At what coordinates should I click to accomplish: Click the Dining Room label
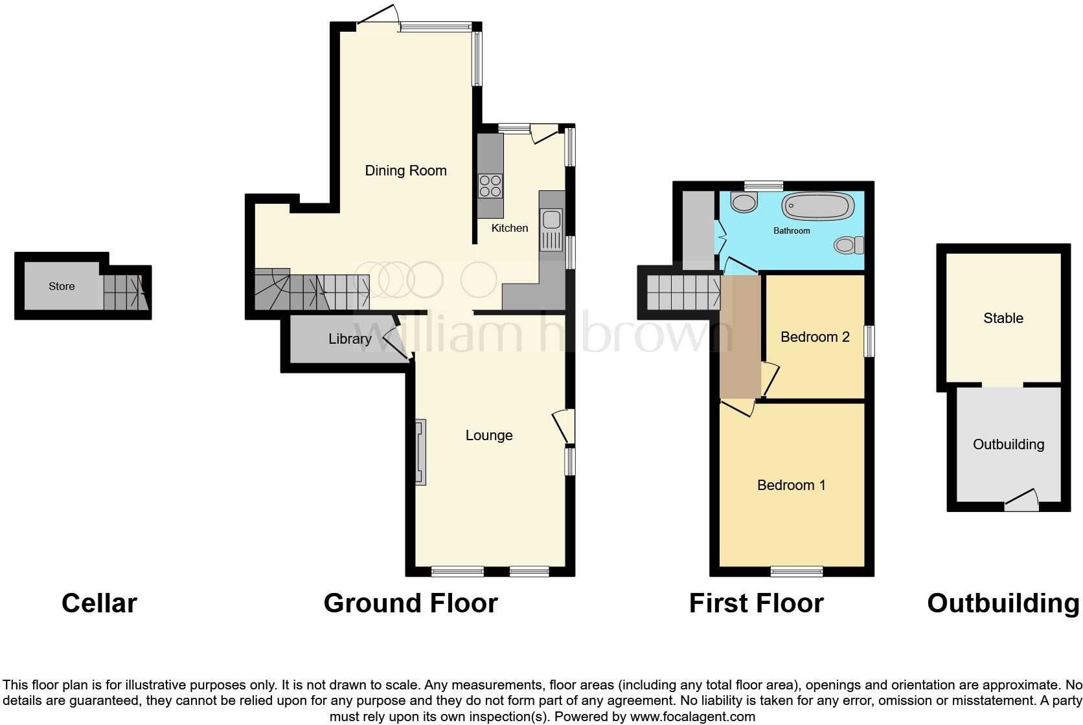405,171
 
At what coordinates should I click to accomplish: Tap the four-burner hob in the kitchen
490,186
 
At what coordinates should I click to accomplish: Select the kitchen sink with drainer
553,230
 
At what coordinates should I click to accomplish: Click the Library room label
350,339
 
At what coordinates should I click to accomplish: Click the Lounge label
489,436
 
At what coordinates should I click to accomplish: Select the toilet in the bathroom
849,245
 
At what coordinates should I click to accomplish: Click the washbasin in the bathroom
744,203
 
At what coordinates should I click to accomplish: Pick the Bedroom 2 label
815,337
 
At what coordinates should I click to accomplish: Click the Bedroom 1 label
792,485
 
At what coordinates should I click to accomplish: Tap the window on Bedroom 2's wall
871,340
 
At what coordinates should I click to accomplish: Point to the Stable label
1003,318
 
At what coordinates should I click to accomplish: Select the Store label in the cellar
62,286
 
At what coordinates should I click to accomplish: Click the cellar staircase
124,292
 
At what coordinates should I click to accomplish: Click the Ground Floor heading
410,603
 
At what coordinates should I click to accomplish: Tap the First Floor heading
756,603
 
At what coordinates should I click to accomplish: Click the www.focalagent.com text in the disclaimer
692,717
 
